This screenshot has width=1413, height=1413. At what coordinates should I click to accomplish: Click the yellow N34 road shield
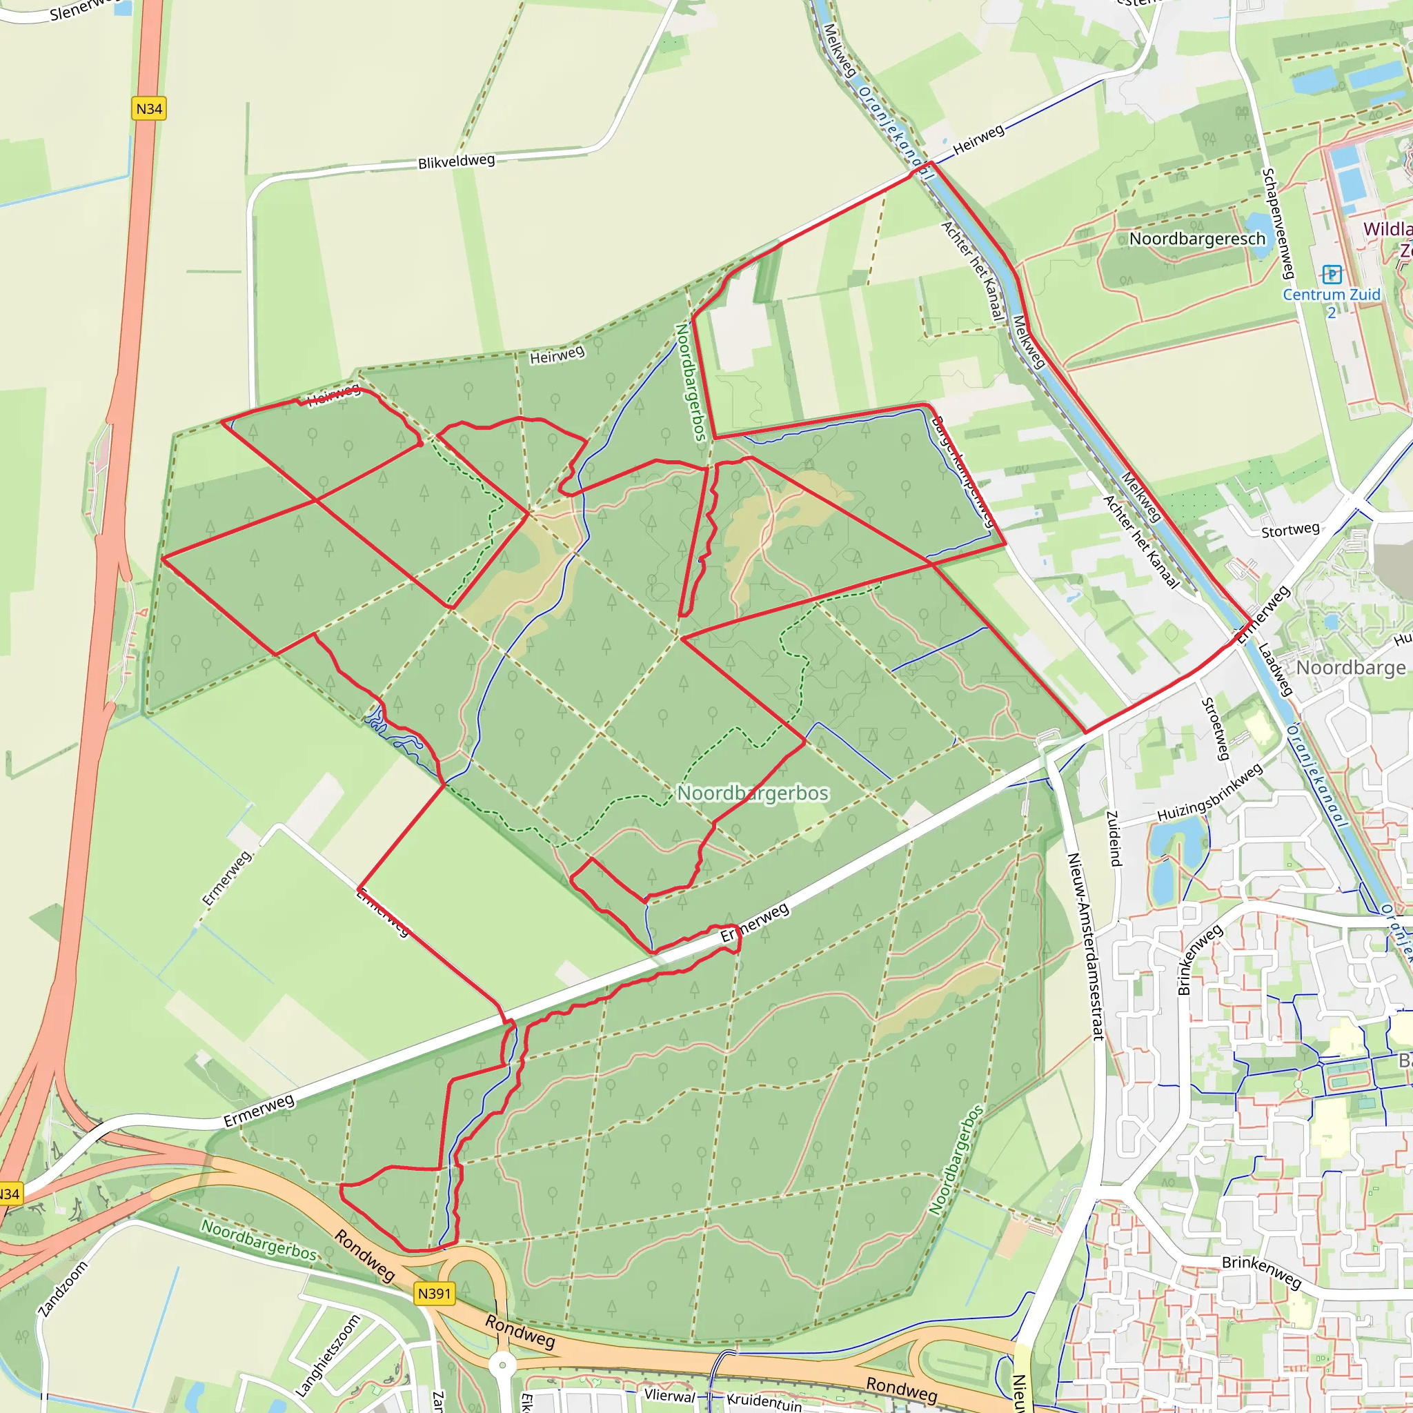pos(149,109)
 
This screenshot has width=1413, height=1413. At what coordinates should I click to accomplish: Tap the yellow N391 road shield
pos(435,1293)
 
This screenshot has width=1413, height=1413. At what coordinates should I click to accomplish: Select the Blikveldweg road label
pos(456,161)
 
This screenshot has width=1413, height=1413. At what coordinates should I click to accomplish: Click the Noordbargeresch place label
pos(1197,239)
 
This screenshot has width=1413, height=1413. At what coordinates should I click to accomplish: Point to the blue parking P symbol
pos(1332,275)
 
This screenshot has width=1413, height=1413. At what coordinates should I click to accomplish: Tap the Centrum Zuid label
pos(1331,295)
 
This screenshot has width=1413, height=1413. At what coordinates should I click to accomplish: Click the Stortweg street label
pos(1290,529)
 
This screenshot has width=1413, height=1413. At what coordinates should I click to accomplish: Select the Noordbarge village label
pos(1350,667)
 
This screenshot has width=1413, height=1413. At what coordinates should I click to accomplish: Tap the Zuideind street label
pos(1113,839)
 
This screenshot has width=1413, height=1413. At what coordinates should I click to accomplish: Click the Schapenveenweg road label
pos(1278,224)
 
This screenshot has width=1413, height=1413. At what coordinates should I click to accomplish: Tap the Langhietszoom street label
pos(328,1356)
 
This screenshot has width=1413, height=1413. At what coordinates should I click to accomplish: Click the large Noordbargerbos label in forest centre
pos(753,793)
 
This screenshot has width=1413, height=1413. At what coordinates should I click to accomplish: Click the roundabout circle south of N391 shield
pos(502,1365)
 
